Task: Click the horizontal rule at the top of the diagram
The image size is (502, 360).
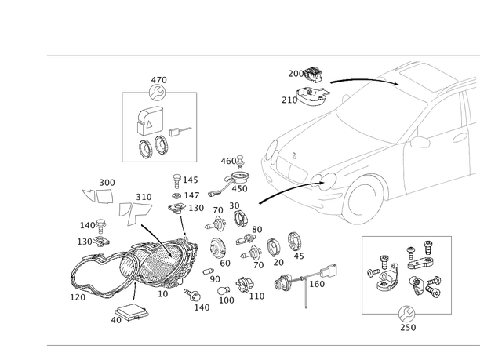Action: point(263,56)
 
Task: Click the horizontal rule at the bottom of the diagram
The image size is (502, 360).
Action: point(263,344)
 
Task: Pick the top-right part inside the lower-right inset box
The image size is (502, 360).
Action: point(420,256)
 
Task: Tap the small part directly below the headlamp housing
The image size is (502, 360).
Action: point(161,294)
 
